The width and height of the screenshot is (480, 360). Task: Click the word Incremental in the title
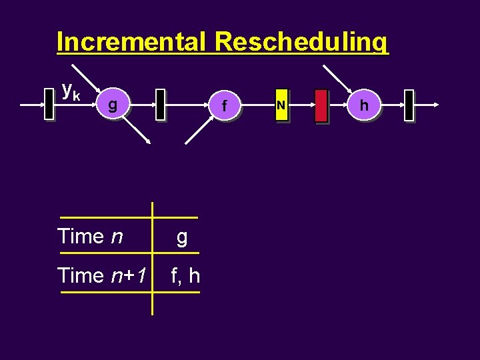click(133, 42)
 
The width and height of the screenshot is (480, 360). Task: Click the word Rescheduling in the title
click(301, 42)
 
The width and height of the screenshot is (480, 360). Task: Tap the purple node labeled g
click(113, 105)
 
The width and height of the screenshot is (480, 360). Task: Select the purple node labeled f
click(225, 105)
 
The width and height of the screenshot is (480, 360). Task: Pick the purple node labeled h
click(363, 105)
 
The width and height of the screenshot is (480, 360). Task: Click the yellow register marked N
click(281, 105)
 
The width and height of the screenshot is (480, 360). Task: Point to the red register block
click(321, 105)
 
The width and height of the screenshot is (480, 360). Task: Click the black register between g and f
click(160, 105)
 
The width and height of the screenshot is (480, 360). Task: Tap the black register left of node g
click(49, 105)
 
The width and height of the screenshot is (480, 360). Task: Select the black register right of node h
click(409, 105)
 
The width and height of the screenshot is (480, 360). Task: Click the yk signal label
click(71, 90)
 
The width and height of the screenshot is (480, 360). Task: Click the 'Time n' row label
click(90, 236)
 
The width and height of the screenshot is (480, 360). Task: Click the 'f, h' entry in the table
click(185, 275)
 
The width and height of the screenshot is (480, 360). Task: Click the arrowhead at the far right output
click(435, 105)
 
